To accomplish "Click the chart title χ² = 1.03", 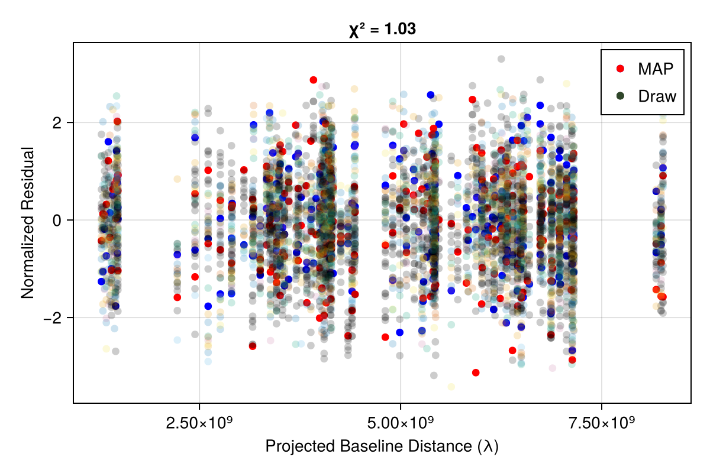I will (x=382, y=29).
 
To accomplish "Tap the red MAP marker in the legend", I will (x=620, y=69).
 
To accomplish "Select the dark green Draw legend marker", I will (x=620, y=96).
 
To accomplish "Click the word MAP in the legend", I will (x=656, y=69).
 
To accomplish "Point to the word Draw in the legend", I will (x=657, y=96).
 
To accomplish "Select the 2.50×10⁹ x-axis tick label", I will (x=199, y=424).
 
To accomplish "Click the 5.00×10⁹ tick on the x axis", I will (x=401, y=424).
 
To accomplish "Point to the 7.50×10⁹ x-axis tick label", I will (x=602, y=424).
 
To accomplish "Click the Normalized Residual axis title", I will (x=27, y=222).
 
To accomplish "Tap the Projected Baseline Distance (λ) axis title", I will (x=382, y=446).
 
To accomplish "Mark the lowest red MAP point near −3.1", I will (x=476, y=372).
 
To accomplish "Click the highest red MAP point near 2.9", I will (x=314, y=80).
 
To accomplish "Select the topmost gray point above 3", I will (x=501, y=59).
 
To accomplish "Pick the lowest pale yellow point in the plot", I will (x=451, y=387).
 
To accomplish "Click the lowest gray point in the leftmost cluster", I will (x=116, y=351).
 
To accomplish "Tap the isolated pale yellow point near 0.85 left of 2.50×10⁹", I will (x=177, y=179).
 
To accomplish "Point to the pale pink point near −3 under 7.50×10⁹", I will (x=552, y=368).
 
